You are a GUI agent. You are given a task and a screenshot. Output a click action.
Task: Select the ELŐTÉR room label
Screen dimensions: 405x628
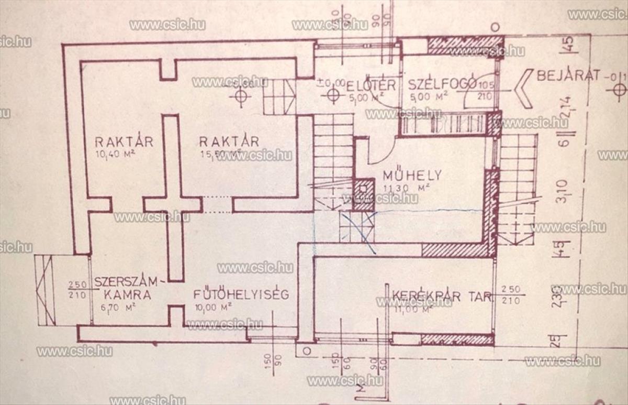371,85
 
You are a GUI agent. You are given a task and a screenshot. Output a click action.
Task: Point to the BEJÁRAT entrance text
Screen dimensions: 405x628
568,76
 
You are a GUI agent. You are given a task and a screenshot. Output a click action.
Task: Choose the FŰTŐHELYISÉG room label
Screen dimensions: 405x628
241,294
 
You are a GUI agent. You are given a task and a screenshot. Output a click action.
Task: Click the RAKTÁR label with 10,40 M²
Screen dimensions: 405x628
124,141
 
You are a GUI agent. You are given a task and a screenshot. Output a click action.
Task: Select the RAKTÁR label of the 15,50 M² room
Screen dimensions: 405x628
229,141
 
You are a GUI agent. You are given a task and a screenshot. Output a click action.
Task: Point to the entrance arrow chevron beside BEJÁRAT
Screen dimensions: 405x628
523,88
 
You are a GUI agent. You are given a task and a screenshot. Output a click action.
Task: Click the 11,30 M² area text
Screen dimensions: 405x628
406,188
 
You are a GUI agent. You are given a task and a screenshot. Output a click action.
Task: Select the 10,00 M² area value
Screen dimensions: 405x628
211,308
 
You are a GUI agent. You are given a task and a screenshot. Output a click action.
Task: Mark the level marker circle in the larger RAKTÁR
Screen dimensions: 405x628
240,96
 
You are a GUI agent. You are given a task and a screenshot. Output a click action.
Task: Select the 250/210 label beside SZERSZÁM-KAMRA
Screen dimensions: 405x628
77,289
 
